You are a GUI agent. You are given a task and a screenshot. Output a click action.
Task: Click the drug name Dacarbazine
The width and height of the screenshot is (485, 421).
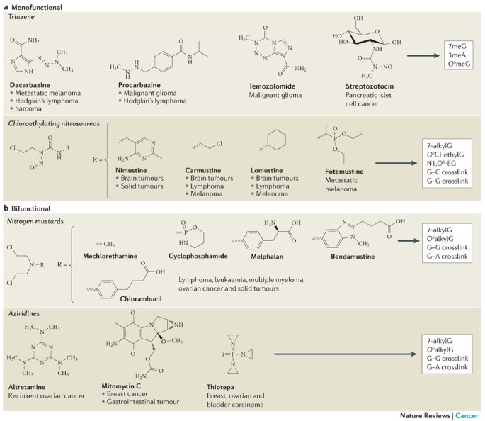point(30,85)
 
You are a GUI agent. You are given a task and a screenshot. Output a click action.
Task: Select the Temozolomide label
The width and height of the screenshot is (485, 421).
point(272,86)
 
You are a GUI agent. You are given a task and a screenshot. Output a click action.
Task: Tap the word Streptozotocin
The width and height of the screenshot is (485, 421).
point(370,86)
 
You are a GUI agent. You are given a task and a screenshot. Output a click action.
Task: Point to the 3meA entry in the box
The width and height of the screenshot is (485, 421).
point(457,55)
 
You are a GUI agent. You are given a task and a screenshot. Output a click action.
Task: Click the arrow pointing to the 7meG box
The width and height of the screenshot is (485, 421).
point(423,56)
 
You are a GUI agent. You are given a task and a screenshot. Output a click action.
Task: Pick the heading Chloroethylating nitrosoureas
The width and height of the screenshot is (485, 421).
point(54,123)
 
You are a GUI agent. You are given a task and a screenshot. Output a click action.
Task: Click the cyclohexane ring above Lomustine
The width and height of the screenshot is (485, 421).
point(277,140)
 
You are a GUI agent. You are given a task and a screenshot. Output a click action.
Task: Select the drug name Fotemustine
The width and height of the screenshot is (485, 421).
point(344,172)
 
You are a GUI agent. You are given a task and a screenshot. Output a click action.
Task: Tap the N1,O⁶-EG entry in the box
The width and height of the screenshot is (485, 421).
point(441,163)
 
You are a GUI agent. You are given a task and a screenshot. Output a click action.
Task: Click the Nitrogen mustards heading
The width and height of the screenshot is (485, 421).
point(35,221)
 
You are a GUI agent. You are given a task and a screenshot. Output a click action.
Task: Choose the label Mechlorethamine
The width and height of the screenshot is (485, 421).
point(110,256)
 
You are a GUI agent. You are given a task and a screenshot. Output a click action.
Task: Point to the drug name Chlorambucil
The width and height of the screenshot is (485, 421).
point(141,298)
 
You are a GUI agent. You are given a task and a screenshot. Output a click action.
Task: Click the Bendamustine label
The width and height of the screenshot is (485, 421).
point(353,257)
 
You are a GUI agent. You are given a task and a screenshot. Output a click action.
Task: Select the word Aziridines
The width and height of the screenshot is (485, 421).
point(24,313)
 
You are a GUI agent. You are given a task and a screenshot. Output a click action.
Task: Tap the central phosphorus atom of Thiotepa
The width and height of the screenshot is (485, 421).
point(234,354)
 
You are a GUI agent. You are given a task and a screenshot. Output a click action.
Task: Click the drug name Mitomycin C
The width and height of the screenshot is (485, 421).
point(121,386)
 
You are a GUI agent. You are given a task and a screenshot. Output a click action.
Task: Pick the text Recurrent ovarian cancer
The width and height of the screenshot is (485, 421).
point(47,395)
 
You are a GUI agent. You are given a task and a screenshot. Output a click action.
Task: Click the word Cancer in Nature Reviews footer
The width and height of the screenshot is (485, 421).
point(467,415)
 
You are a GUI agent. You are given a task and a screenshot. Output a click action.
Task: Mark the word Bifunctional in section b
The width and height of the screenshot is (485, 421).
point(31,208)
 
